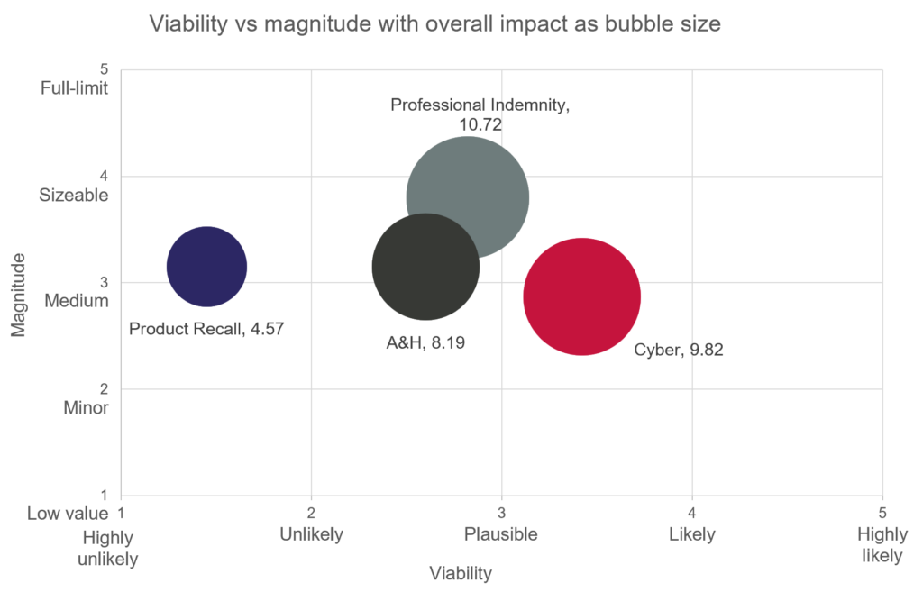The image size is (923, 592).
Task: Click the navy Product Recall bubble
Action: (x=207, y=267)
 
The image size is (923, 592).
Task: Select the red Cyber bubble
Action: (x=582, y=296)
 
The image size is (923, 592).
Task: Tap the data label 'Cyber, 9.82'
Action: (x=679, y=350)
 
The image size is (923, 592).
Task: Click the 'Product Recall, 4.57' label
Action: (x=206, y=329)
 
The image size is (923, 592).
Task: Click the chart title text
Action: (x=434, y=24)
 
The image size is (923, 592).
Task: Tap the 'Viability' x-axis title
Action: (x=461, y=573)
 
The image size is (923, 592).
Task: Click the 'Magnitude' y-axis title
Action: (x=18, y=295)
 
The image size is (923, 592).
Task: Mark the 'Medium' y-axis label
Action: (x=77, y=301)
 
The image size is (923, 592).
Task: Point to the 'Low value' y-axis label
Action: (x=68, y=514)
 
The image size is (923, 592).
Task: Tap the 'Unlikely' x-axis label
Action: (x=311, y=534)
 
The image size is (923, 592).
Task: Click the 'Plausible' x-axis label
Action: (x=501, y=534)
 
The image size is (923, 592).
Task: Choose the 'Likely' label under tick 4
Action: (x=692, y=534)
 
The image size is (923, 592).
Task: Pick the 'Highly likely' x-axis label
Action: (x=882, y=545)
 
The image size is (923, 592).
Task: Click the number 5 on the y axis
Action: (x=105, y=69)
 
